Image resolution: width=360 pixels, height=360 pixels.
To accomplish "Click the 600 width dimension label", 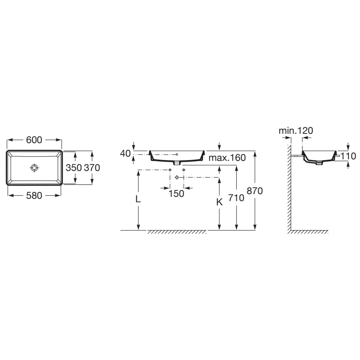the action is (x=34, y=140).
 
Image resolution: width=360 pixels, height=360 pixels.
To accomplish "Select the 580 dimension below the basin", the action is (x=34, y=196).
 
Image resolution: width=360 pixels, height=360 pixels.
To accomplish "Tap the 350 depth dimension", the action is (x=74, y=168).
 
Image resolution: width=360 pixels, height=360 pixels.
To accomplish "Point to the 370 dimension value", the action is (x=92, y=168).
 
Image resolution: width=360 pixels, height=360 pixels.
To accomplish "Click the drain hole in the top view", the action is (x=34, y=168).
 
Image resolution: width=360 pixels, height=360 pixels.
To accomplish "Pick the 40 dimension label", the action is (x=125, y=154).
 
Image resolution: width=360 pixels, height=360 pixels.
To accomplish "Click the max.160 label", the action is (x=227, y=158).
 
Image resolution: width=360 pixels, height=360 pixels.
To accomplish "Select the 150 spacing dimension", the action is (x=176, y=194).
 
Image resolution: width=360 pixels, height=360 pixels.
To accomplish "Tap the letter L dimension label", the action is (x=138, y=199).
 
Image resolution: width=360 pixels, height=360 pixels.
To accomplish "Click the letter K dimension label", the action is (x=220, y=202).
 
